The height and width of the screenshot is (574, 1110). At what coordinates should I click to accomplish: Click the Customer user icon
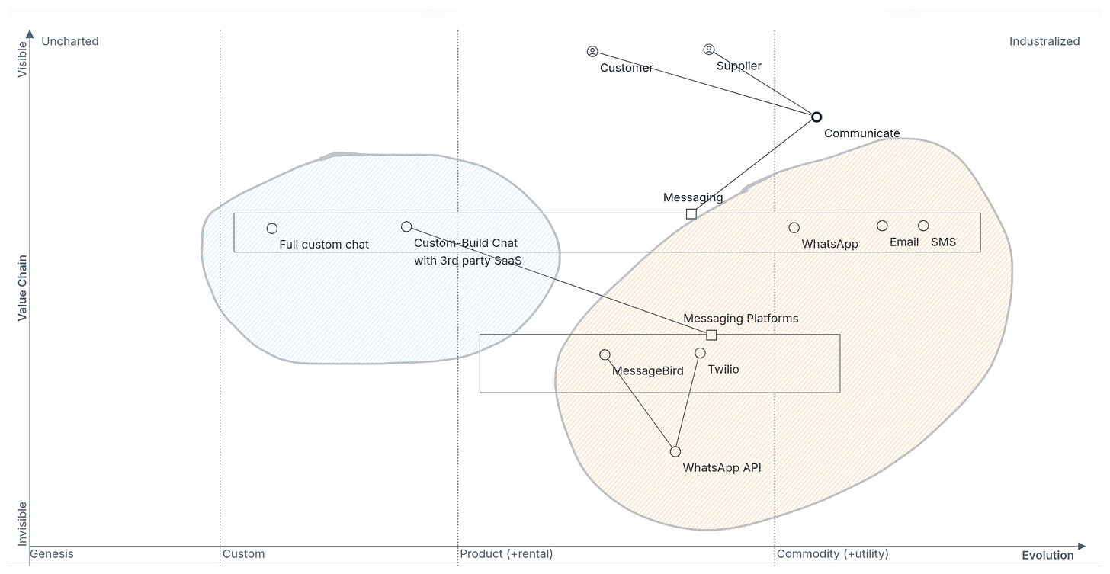point(592,51)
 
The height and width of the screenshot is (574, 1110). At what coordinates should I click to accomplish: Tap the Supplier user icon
point(708,50)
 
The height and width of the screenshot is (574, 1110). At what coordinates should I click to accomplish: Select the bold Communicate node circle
point(816,117)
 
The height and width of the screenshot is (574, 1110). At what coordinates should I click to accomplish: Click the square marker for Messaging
point(691,213)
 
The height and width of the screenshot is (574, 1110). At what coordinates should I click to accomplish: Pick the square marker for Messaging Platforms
point(711,335)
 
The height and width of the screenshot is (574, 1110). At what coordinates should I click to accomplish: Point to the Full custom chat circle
point(271,228)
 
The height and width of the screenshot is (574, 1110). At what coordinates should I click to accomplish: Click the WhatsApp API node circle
point(675,451)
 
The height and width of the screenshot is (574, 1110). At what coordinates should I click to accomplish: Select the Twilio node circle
point(700,353)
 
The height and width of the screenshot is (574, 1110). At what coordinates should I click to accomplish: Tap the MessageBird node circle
point(605,354)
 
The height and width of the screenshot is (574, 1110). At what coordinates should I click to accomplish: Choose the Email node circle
point(882,226)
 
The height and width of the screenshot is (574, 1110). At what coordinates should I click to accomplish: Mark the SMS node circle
point(923,226)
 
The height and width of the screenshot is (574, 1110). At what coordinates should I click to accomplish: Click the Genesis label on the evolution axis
point(52,554)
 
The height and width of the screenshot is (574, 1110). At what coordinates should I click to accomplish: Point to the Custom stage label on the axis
point(244,554)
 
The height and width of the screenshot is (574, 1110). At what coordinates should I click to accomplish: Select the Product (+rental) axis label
point(506,554)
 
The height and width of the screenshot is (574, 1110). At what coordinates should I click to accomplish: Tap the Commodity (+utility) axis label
point(832,554)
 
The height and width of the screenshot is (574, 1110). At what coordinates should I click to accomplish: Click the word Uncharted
point(70,41)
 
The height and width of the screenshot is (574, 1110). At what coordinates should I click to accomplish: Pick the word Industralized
point(1044,41)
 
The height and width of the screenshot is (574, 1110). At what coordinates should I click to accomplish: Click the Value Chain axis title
point(22,287)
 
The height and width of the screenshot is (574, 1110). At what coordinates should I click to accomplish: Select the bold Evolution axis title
point(1047,555)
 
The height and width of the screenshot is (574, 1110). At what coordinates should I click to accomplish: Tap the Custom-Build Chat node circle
point(406,226)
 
